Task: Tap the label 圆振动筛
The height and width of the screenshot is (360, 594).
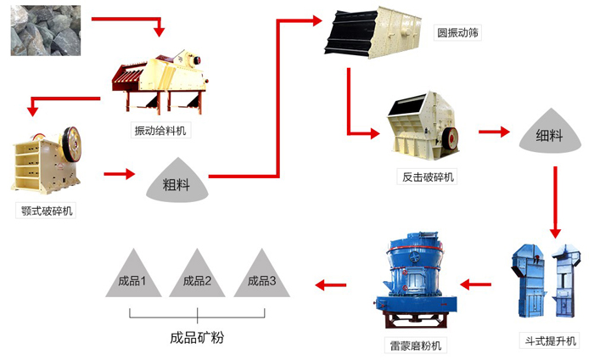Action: [458, 33]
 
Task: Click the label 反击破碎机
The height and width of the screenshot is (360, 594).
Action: [428, 177]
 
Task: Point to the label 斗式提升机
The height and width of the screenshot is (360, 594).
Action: [548, 340]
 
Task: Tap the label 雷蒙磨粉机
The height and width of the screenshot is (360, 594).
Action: [413, 346]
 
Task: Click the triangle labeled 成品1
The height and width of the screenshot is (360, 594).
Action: [132, 276]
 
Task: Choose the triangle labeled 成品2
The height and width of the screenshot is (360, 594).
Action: [197, 276]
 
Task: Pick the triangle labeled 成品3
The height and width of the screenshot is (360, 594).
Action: [261, 276]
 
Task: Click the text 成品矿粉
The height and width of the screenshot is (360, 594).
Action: [197, 337]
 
